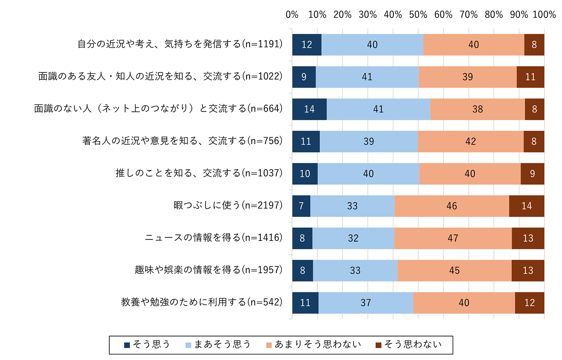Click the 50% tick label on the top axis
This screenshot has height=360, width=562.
coord(418,15)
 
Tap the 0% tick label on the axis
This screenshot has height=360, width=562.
coord(292,15)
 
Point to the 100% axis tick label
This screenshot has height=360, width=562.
coord(544,15)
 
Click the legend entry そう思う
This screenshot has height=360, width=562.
coord(147,345)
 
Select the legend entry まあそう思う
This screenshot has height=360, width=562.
coord(218,345)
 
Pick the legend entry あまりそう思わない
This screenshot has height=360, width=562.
coord(314,345)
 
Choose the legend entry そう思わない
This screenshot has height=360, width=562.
coord(409,345)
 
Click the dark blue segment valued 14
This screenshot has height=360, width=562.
coord(309,109)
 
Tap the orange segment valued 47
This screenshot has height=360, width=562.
coord(453,238)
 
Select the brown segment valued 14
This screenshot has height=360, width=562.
coord(527,206)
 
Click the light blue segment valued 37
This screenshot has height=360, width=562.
coord(366,303)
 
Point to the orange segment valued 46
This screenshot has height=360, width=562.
coord(452,206)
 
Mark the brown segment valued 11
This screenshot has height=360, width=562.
coord(530,77)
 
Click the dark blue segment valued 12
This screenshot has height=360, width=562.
coord(307,45)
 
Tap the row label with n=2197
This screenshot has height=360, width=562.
coord(228,205)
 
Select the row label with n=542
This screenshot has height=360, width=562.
coord(202,302)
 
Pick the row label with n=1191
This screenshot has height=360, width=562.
coord(180,44)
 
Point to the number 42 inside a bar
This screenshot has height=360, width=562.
coord(471,142)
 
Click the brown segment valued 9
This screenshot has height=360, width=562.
coord(532,174)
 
